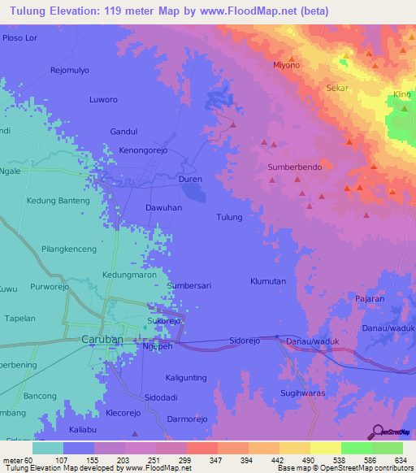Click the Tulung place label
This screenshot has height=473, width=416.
pyautogui.click(x=229, y=217)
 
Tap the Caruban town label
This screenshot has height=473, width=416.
pyautogui.click(x=102, y=338)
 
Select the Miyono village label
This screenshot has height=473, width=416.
pyautogui.click(x=286, y=65)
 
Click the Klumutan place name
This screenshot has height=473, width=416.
pyautogui.click(x=267, y=280)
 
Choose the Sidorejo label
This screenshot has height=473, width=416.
pyautogui.click(x=245, y=341)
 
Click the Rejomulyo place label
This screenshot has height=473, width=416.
pyautogui.click(x=69, y=69)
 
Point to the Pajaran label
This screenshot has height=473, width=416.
pyautogui.click(x=370, y=299)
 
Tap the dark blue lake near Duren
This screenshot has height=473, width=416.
pyautogui.click(x=193, y=192)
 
